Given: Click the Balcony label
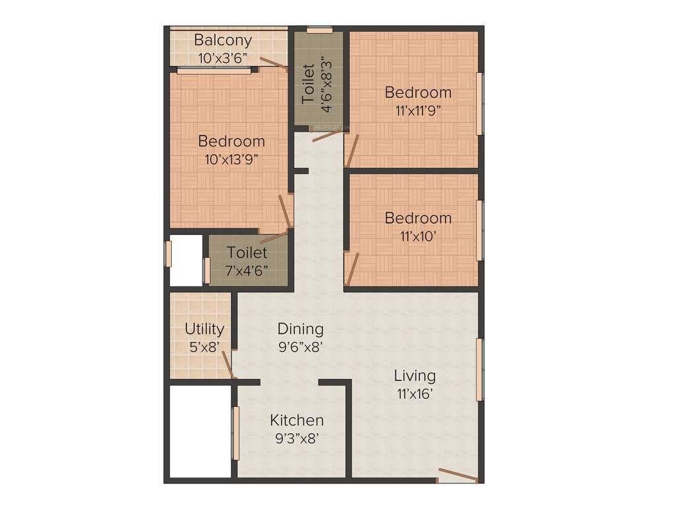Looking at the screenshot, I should pyautogui.click(x=223, y=40).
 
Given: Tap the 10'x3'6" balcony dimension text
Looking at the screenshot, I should pyautogui.click(x=223, y=57).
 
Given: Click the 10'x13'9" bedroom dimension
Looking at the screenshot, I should pyautogui.click(x=231, y=158).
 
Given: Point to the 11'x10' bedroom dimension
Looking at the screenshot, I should pyautogui.click(x=418, y=235).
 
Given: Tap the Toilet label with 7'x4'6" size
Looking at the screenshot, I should pyautogui.click(x=247, y=252).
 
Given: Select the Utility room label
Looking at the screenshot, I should pyautogui.click(x=204, y=329).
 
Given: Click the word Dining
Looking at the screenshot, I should pyautogui.click(x=300, y=329).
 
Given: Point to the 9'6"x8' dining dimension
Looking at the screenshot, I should pyautogui.click(x=300, y=345).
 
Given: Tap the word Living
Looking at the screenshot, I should pyautogui.click(x=415, y=376).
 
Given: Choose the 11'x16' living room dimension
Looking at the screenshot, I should pyautogui.click(x=415, y=393).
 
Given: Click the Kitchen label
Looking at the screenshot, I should pyautogui.click(x=297, y=420).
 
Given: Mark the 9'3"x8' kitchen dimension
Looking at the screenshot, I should pyautogui.click(x=297, y=437).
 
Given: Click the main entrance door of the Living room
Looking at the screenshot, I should pyautogui.click(x=457, y=474).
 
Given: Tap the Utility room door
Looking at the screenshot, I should pyautogui.click(x=227, y=364).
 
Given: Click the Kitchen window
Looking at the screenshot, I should pyautogui.click(x=233, y=434).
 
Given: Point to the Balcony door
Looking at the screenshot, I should pyautogui.click(x=272, y=62).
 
